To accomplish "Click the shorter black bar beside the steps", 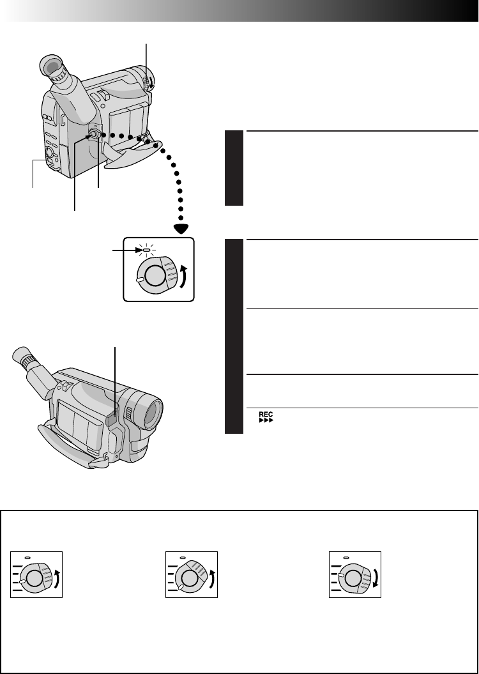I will point(234,168).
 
